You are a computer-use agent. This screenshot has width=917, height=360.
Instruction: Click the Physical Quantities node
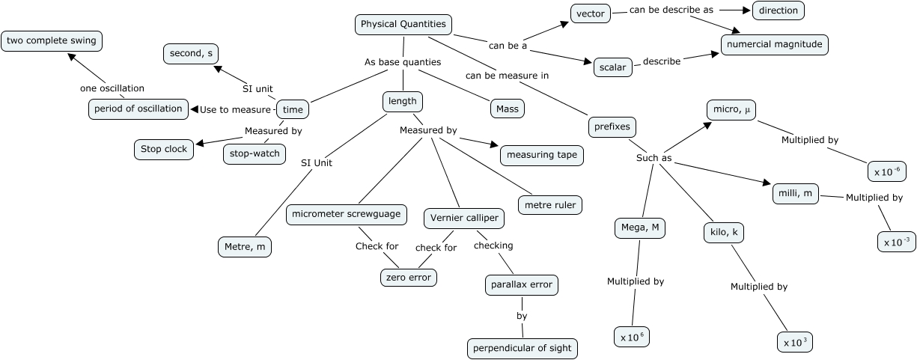[x=403, y=25]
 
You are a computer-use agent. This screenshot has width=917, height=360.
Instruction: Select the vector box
[x=591, y=13]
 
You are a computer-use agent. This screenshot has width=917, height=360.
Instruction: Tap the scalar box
[x=612, y=67]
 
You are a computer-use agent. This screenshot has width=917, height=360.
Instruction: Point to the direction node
[x=779, y=10]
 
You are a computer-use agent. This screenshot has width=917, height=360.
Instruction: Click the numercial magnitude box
[x=775, y=44]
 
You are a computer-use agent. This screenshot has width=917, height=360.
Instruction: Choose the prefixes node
[x=612, y=126]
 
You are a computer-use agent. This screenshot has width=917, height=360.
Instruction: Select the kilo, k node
[x=723, y=233]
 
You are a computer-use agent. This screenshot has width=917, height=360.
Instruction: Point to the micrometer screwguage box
[x=347, y=214]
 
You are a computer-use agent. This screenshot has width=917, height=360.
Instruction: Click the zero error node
[x=408, y=276]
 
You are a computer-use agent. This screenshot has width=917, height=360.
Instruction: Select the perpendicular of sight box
[x=523, y=348]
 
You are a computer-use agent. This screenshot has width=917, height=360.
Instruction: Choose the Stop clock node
[x=164, y=149]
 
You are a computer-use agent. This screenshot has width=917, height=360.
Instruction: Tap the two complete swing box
[x=52, y=40]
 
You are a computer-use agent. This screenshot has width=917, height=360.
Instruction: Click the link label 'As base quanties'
[x=403, y=62]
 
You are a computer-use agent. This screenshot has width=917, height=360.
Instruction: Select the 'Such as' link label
[x=654, y=158]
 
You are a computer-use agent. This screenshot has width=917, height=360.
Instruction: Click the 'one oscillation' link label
[x=112, y=88]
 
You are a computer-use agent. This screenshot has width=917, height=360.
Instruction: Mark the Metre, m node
[x=244, y=245]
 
